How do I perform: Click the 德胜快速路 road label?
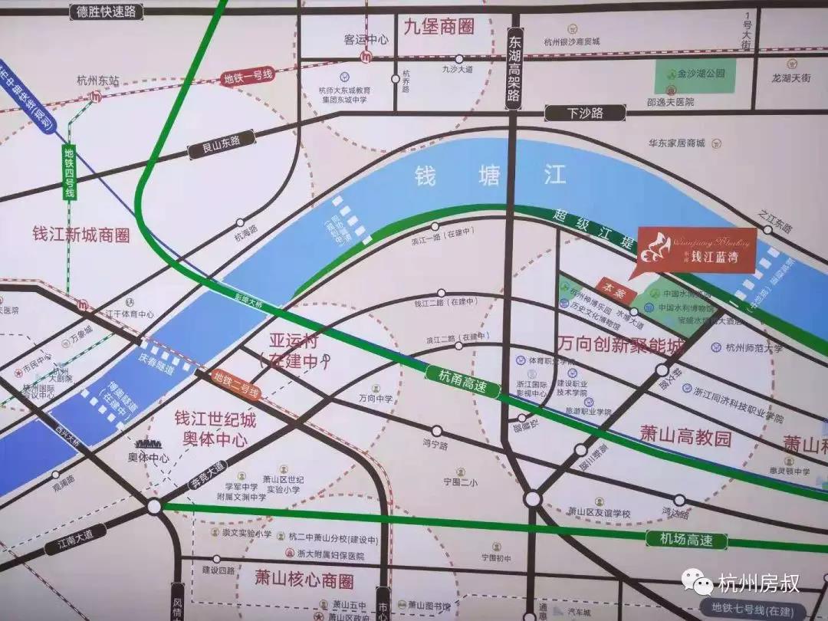[107, 11]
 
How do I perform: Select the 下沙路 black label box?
[585, 113]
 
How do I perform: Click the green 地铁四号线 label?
[69, 173]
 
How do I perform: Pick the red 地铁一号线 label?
[248, 76]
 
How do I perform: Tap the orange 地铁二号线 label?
[237, 386]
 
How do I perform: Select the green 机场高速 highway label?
[686, 539]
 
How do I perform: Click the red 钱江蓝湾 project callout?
[696, 250]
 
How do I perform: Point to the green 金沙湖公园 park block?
[695, 75]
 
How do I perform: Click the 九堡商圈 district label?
[439, 27]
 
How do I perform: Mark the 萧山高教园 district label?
[686, 438]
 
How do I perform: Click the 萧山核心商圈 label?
[304, 580]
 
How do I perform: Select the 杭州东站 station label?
[98, 80]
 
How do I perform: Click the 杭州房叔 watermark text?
[759, 583]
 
